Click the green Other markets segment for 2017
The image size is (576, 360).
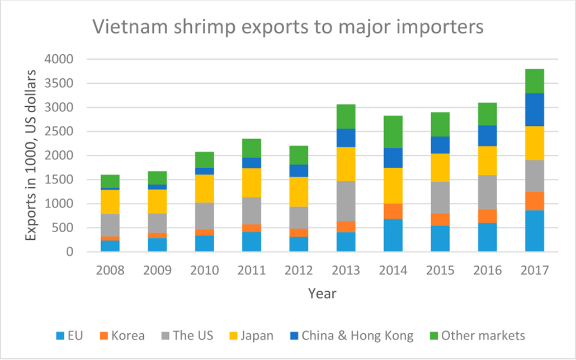pos(534,81)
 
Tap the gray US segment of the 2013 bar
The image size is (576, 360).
pos(345,201)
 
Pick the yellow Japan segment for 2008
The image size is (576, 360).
pos(110,202)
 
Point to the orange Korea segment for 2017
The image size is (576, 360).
pos(534,201)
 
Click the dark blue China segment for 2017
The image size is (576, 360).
pos(534,110)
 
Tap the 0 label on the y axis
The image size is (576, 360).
pos(69,252)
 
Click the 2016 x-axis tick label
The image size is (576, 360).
pos(487,269)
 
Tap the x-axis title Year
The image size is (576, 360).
pos(322,293)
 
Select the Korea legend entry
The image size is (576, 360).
pos(122,335)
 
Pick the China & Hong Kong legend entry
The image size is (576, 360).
pos(351,335)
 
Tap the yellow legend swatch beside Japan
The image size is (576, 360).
pos(231,336)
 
